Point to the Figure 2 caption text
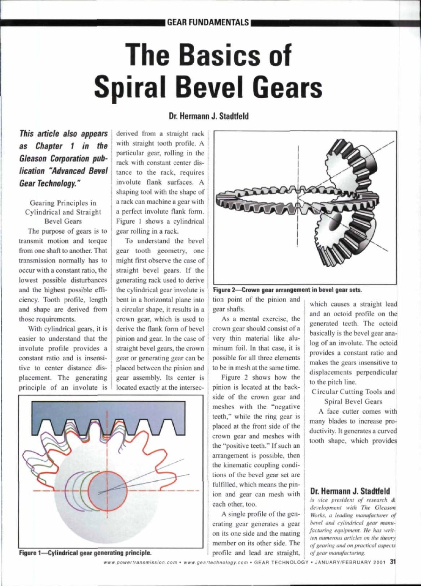[287, 289]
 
